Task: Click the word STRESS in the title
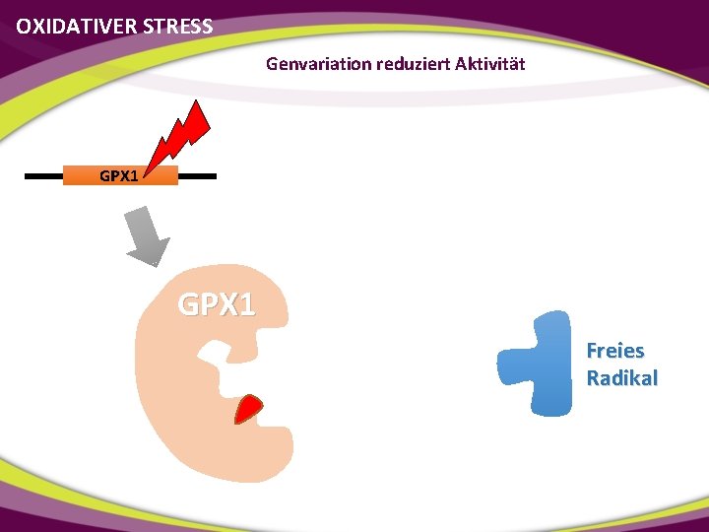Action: [177, 27]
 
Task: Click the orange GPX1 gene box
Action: [120, 176]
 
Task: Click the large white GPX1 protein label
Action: [216, 303]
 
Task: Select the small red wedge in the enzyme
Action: [249, 408]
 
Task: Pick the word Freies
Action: [614, 351]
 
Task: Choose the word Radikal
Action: [621, 378]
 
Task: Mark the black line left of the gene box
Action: [43, 176]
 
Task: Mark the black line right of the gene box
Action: [197, 176]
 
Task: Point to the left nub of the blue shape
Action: [510, 365]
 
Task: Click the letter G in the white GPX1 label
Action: [187, 303]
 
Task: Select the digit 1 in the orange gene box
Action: [133, 176]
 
